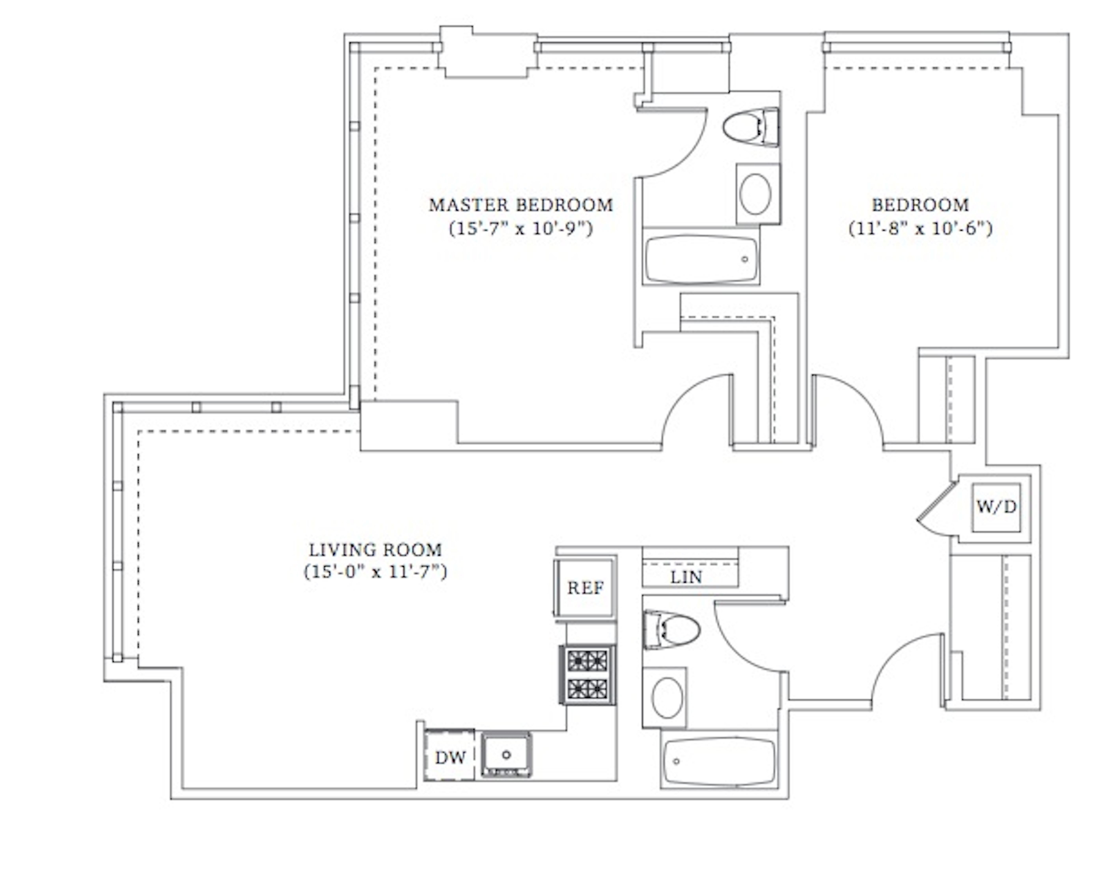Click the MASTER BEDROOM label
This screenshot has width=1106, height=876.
click(521, 205)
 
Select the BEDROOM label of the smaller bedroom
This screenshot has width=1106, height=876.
click(920, 205)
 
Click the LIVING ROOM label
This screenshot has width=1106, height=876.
click(375, 550)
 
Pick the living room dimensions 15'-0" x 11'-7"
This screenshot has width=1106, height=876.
click(375, 572)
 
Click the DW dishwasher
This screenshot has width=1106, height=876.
click(450, 757)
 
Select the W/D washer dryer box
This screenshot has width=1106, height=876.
click(996, 507)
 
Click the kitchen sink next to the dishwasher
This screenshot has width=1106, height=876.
click(506, 754)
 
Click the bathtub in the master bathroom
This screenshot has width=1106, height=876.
click(701, 259)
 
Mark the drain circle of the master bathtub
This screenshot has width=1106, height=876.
click(745, 259)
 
